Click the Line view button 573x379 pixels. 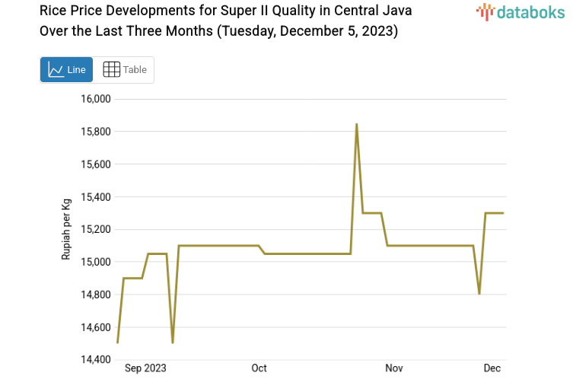pyautogui.click(x=66, y=69)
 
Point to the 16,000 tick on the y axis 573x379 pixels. pyautogui.click(x=96, y=99)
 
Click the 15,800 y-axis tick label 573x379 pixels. pyautogui.click(x=96, y=132)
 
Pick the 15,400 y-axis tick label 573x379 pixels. pyautogui.click(x=96, y=197)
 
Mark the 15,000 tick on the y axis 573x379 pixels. pyautogui.click(x=96, y=262)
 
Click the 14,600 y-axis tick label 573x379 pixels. pyautogui.click(x=96, y=327)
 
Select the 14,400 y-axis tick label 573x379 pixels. pyautogui.click(x=96, y=359)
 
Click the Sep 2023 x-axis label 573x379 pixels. pyautogui.click(x=145, y=368)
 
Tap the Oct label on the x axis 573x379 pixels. pyautogui.click(x=259, y=368)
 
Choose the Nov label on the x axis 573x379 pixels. pyautogui.click(x=393, y=368)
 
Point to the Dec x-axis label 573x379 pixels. pyautogui.click(x=492, y=368)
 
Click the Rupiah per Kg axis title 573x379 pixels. pyautogui.click(x=66, y=228)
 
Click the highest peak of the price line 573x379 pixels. pyautogui.click(x=356, y=124)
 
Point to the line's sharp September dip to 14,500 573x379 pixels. pyautogui.click(x=173, y=342)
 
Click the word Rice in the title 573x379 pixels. pyautogui.click(x=53, y=12)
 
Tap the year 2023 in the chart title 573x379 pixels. pyautogui.click(x=378, y=31)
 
